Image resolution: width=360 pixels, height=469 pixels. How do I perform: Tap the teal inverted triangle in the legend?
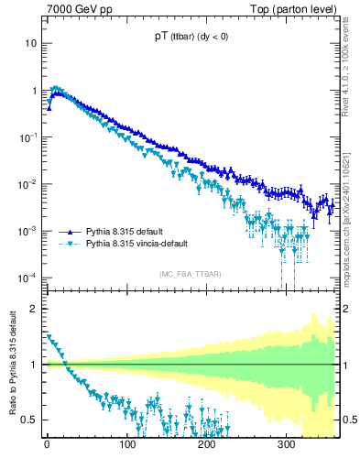coord(70,244)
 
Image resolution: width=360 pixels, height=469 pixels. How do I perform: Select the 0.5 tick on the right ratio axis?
coord(348,420)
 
